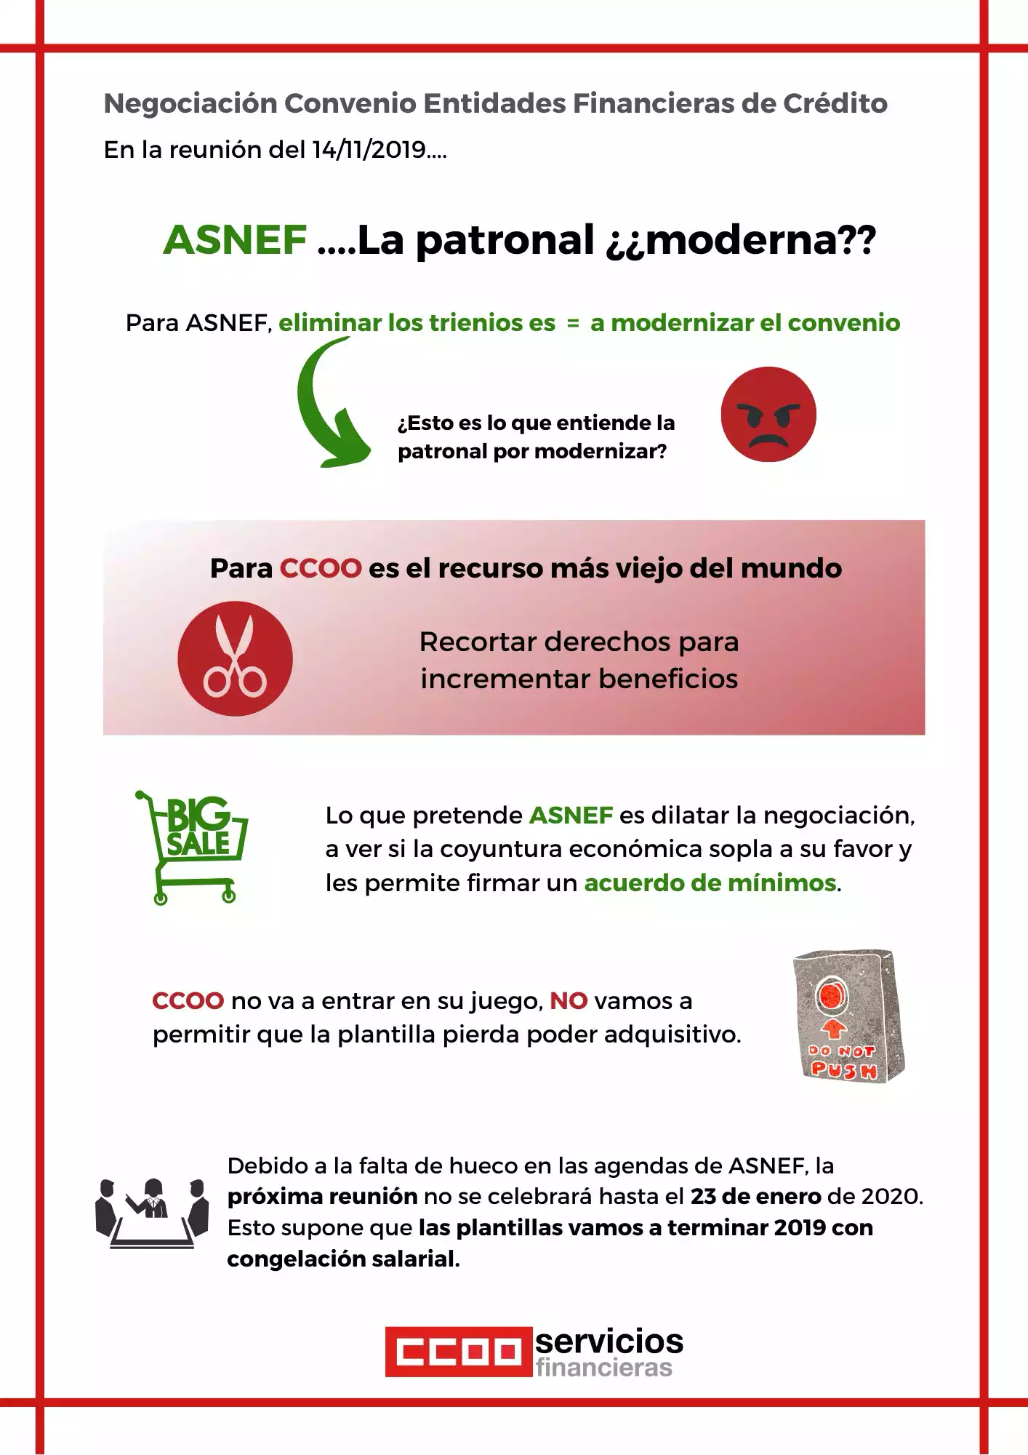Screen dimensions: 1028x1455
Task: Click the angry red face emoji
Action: [768, 414]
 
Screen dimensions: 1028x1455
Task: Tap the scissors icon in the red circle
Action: [235, 658]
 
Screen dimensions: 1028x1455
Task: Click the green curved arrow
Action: [327, 407]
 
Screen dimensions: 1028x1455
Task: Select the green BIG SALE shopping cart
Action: [193, 847]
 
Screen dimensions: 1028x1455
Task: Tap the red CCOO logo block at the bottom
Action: [459, 1352]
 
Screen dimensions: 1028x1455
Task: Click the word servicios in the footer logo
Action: [609, 1340]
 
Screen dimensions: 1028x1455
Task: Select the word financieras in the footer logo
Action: [604, 1368]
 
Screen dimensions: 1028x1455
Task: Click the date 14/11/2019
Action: [369, 150]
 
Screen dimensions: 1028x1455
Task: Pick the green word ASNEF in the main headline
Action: [235, 240]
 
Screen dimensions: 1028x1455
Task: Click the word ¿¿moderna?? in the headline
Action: [741, 240]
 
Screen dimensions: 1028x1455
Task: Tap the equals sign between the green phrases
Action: [573, 323]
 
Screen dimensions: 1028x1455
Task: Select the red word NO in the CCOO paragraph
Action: [569, 1001]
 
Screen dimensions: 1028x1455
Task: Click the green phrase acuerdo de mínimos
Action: [710, 883]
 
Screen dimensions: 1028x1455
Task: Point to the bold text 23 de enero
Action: [755, 1197]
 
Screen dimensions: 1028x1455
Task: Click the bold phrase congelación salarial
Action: [343, 1259]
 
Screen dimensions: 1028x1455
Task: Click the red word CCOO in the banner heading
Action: [321, 568]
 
